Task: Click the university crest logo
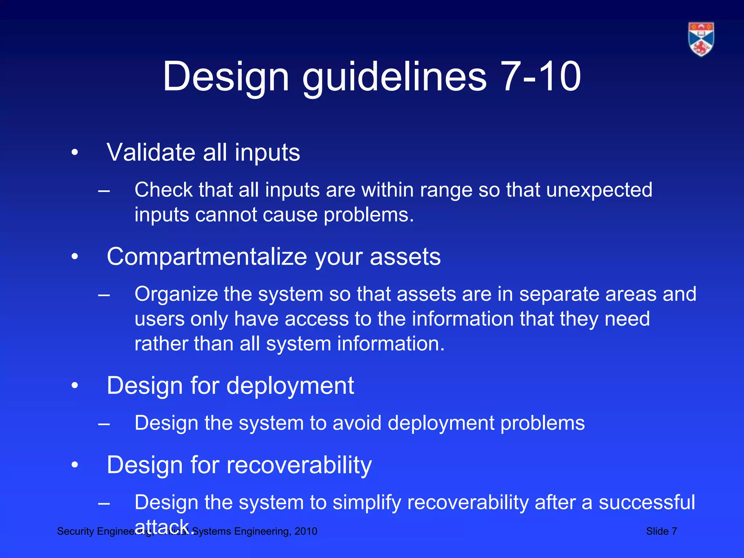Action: point(701,39)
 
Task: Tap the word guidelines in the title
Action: point(394,77)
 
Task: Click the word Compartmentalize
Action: point(207,257)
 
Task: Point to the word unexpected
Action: point(599,190)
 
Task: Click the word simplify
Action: point(367,503)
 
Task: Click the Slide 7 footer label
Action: point(661,531)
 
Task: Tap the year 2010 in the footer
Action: point(306,531)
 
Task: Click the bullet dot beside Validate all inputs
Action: point(75,153)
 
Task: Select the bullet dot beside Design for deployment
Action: point(75,386)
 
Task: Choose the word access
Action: point(316,319)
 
